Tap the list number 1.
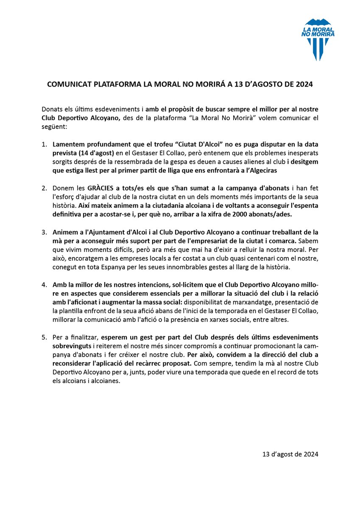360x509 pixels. point(45,145)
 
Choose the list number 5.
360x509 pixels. point(45,337)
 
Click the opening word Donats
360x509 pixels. point(53,109)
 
